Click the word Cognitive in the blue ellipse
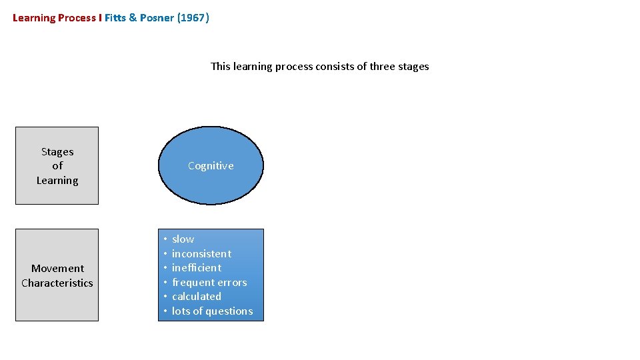(211, 166)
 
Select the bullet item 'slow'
(183, 239)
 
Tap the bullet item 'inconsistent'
(201, 254)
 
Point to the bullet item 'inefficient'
(196, 268)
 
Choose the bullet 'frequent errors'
(209, 283)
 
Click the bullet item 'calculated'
(196, 297)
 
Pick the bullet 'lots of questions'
(212, 311)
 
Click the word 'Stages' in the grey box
(57, 152)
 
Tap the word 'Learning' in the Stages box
(57, 181)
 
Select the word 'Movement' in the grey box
(57, 269)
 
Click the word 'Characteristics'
(57, 283)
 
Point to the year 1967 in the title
(193, 18)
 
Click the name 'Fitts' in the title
(117, 18)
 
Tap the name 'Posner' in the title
(157, 18)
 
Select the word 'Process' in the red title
(77, 18)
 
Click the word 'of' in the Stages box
(57, 166)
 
